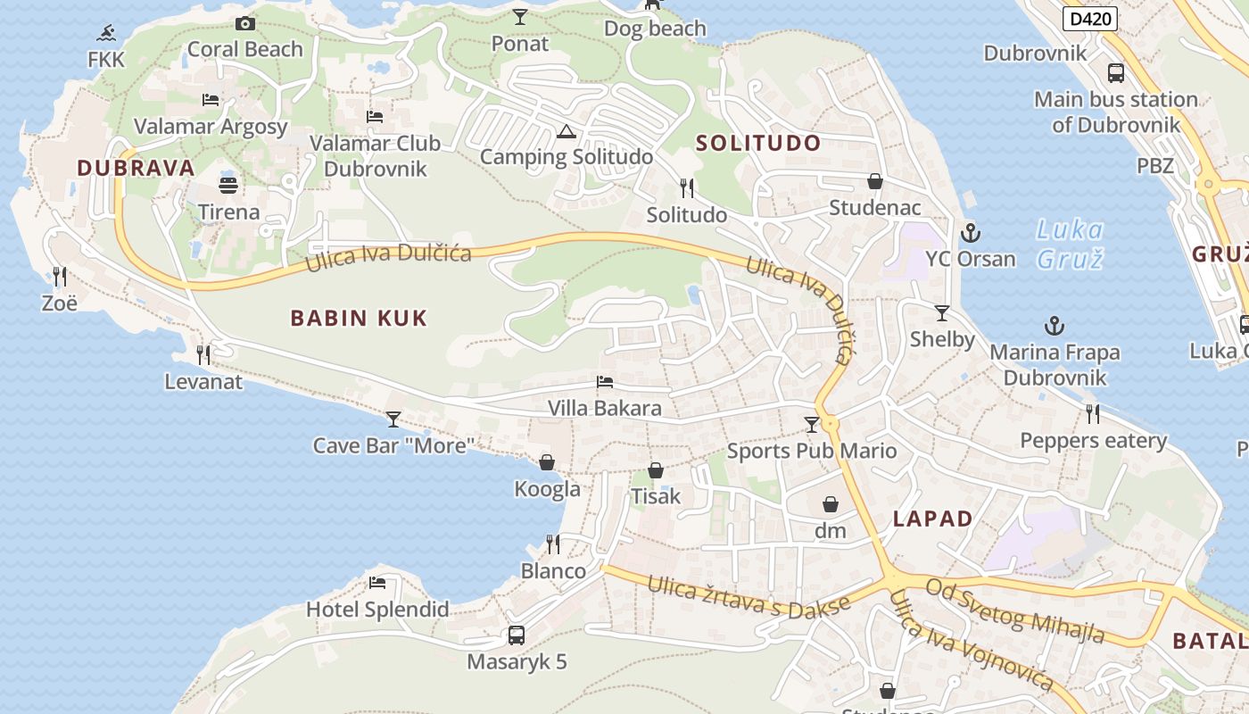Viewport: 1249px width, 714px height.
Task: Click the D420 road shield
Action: pos(1090,18)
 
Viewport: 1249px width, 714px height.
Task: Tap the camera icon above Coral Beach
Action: pos(244,24)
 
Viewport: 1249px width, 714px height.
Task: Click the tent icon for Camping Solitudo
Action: pos(566,132)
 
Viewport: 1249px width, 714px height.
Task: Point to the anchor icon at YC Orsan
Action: pos(970,234)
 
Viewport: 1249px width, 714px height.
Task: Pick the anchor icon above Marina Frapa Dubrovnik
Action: pos(1055,326)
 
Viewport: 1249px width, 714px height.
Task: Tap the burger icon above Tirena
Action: pos(228,186)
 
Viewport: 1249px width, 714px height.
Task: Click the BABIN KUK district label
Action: pos(359,318)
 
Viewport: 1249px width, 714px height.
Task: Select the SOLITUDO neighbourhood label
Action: pos(757,143)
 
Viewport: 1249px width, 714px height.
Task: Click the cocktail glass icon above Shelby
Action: pos(942,313)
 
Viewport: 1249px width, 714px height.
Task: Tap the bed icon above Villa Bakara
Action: pos(605,383)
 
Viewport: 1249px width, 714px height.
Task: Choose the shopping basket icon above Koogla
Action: pos(547,462)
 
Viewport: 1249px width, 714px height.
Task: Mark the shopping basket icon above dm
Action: pos(830,505)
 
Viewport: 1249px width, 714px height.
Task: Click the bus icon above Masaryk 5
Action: pos(517,635)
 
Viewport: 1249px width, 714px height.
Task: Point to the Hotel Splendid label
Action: pos(377,610)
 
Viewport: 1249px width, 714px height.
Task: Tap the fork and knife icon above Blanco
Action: pos(553,544)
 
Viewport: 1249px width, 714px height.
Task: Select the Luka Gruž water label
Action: pos(1069,245)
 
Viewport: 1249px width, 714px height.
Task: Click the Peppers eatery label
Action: pos(1093,440)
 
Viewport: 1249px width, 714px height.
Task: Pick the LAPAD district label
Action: pos(932,519)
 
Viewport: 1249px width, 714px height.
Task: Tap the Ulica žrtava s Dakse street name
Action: pos(749,595)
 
